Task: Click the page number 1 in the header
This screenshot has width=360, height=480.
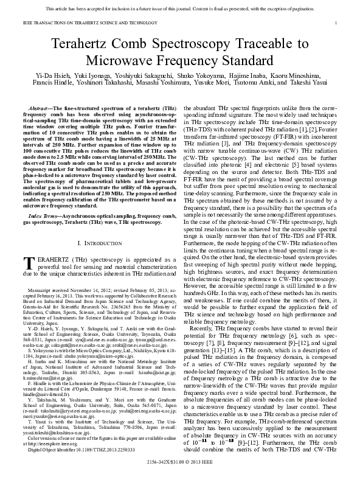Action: point(336,22)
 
